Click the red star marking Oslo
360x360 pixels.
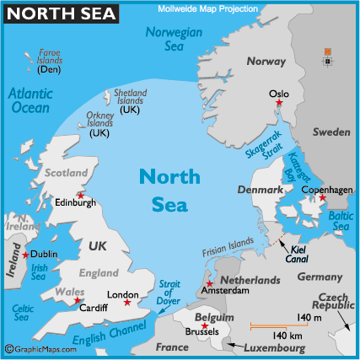280,104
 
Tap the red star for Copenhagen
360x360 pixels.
320,197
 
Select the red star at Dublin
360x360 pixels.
25,255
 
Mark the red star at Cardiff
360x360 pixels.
78,300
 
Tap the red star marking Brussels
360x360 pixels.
205,325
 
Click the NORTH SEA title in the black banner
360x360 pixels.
59,13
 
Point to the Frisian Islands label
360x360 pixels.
228,250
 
